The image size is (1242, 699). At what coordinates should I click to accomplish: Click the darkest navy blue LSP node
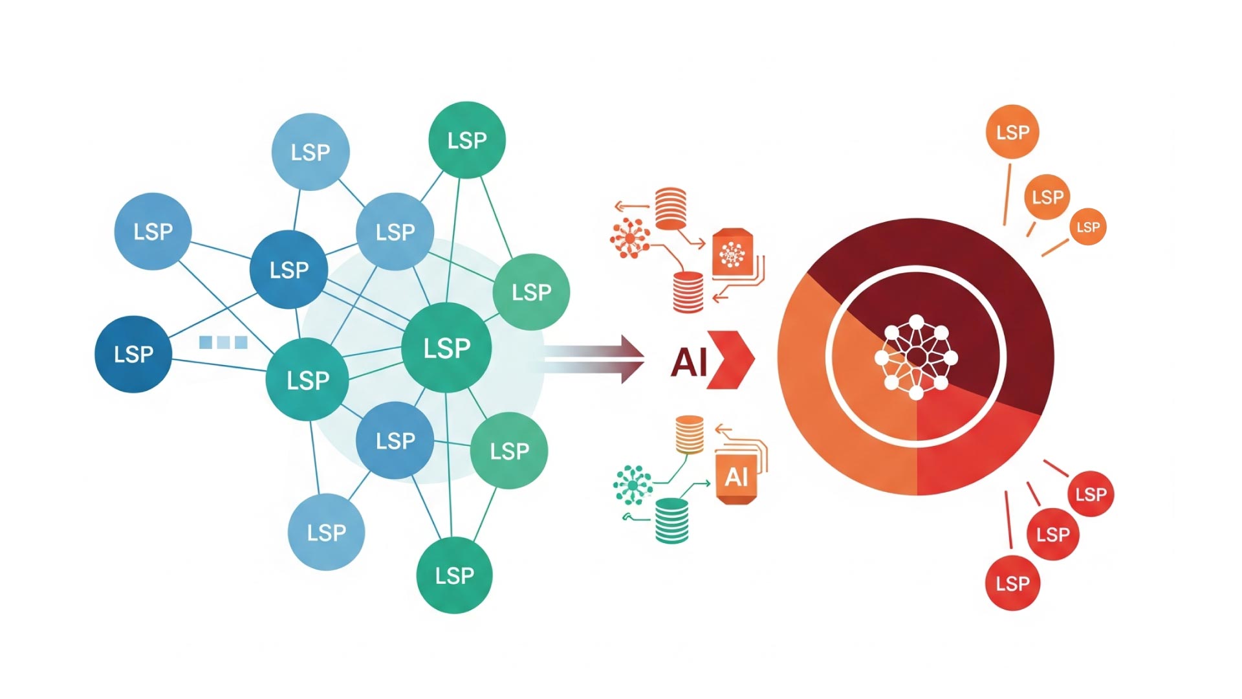pyautogui.click(x=133, y=354)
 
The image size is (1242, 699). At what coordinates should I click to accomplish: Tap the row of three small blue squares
pyautogui.click(x=223, y=342)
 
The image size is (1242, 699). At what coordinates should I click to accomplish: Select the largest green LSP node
pyautogui.click(x=446, y=348)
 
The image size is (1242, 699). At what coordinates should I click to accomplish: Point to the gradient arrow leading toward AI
pyautogui.click(x=595, y=359)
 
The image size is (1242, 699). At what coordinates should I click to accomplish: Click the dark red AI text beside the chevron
pyautogui.click(x=688, y=362)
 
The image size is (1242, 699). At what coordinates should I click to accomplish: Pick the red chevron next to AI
pyautogui.click(x=731, y=360)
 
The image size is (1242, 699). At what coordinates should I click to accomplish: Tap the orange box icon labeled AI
pyautogui.click(x=736, y=478)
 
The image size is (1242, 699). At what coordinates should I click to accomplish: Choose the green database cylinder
pyautogui.click(x=671, y=520)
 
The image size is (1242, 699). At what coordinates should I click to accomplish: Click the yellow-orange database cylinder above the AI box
pyautogui.click(x=689, y=434)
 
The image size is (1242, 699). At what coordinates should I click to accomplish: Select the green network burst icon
pyautogui.click(x=632, y=484)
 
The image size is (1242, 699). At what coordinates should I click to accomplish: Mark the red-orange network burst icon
pyautogui.click(x=629, y=238)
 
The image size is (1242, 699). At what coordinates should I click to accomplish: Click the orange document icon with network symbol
pyautogui.click(x=732, y=253)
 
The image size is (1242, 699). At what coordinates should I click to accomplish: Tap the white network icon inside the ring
pyautogui.click(x=916, y=357)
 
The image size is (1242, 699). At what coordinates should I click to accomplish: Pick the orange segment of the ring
pyautogui.click(x=822, y=388)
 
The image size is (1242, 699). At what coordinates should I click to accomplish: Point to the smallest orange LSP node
pyautogui.click(x=1087, y=227)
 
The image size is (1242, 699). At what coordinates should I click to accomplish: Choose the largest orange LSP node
pyautogui.click(x=1012, y=132)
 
